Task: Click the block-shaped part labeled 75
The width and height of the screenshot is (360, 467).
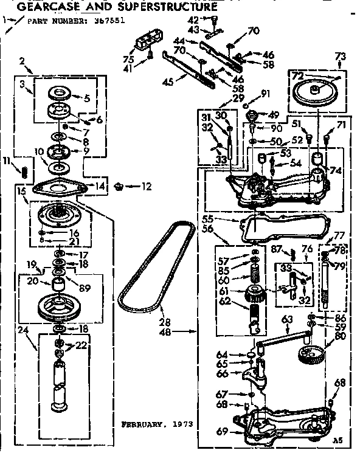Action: pos(146,43)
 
